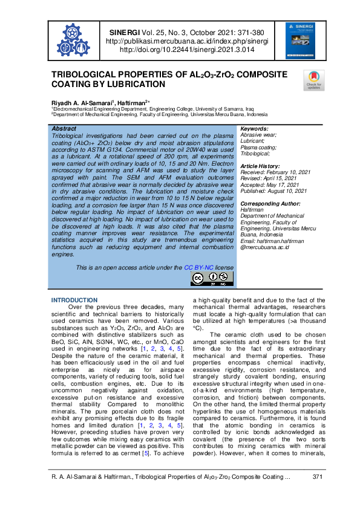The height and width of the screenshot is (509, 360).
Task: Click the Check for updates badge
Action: coord(313,80)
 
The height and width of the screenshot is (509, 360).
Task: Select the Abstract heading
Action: coord(64,129)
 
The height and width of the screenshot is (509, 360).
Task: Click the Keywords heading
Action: coord(254,129)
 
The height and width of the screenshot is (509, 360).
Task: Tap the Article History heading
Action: coord(261,166)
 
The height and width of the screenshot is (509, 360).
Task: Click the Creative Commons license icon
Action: coord(212,278)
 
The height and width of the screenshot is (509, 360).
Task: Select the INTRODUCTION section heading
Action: coord(74,300)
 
